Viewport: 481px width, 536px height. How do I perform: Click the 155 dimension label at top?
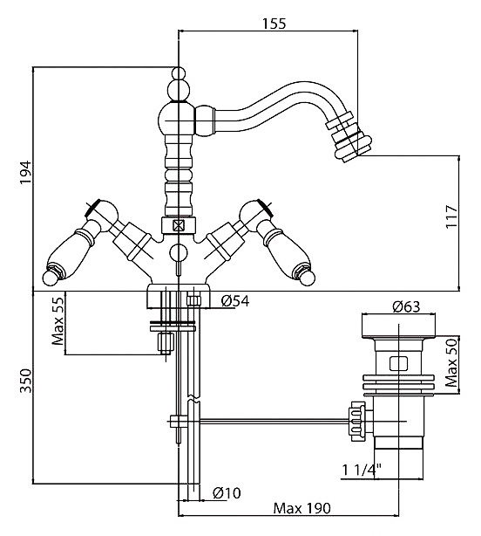click(274, 24)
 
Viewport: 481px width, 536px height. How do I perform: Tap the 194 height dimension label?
click(25, 172)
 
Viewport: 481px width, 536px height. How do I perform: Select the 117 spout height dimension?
click(451, 216)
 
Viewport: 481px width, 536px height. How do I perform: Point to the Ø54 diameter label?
click(235, 301)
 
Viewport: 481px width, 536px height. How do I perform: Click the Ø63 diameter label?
click(406, 306)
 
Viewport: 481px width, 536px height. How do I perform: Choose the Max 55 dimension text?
click(58, 321)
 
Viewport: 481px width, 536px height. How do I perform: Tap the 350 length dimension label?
click(25, 381)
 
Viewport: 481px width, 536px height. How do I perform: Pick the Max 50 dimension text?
click(451, 362)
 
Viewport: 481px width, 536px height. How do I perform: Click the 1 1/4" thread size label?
click(362, 470)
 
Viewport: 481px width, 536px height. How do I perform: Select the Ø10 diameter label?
click(227, 493)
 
